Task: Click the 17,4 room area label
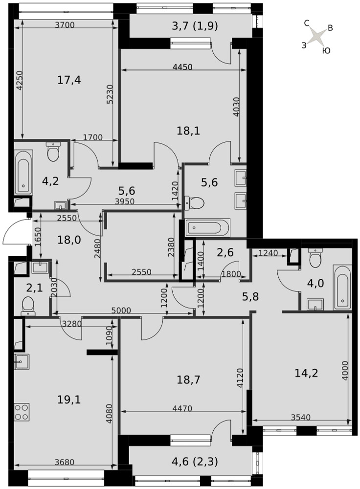tap(69, 80)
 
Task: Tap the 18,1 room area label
tap(188, 131)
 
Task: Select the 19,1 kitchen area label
tap(69, 400)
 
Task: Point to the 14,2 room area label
tap(306, 373)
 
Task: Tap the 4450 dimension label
tap(182, 67)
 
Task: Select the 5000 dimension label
tap(121, 311)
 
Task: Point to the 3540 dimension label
tap(301, 417)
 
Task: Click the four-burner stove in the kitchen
tap(22, 412)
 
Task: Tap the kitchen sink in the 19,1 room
tap(22, 362)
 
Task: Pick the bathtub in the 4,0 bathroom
tap(342, 287)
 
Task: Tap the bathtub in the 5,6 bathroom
tap(208, 227)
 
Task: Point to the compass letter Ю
tap(326, 50)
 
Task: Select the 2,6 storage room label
tap(225, 252)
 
